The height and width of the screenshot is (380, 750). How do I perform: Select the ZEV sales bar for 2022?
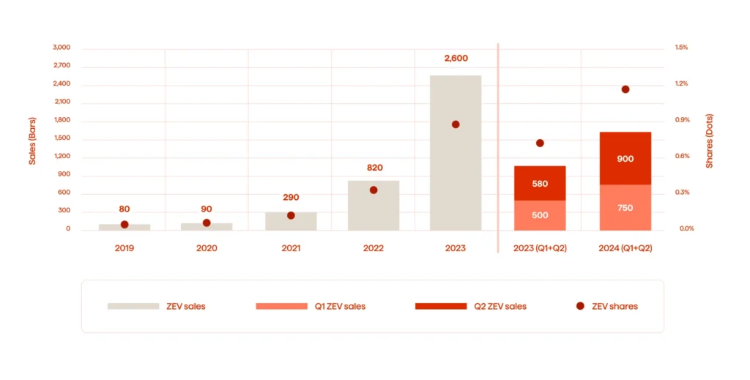(374, 212)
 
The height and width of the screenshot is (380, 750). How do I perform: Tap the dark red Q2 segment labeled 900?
(625, 158)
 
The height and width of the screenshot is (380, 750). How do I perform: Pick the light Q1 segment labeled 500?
(540, 215)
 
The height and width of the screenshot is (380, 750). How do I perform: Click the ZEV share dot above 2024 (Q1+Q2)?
(625, 89)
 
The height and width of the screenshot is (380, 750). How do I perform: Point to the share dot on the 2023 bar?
(456, 124)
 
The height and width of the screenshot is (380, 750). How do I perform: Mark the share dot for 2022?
(374, 190)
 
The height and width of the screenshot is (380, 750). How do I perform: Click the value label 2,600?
(456, 59)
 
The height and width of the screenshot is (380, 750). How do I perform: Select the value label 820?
(374, 168)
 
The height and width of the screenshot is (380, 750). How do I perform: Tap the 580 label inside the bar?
(540, 184)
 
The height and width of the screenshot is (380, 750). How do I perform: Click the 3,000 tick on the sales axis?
(62, 48)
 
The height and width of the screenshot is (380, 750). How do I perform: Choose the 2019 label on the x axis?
(125, 248)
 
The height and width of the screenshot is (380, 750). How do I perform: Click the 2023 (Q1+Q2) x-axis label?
(540, 248)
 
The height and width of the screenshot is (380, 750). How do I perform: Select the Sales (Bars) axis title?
(32, 139)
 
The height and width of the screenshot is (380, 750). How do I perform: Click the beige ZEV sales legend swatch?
(133, 306)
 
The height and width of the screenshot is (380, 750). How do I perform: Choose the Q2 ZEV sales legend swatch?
(440, 306)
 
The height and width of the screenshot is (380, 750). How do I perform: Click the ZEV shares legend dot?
(580, 306)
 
